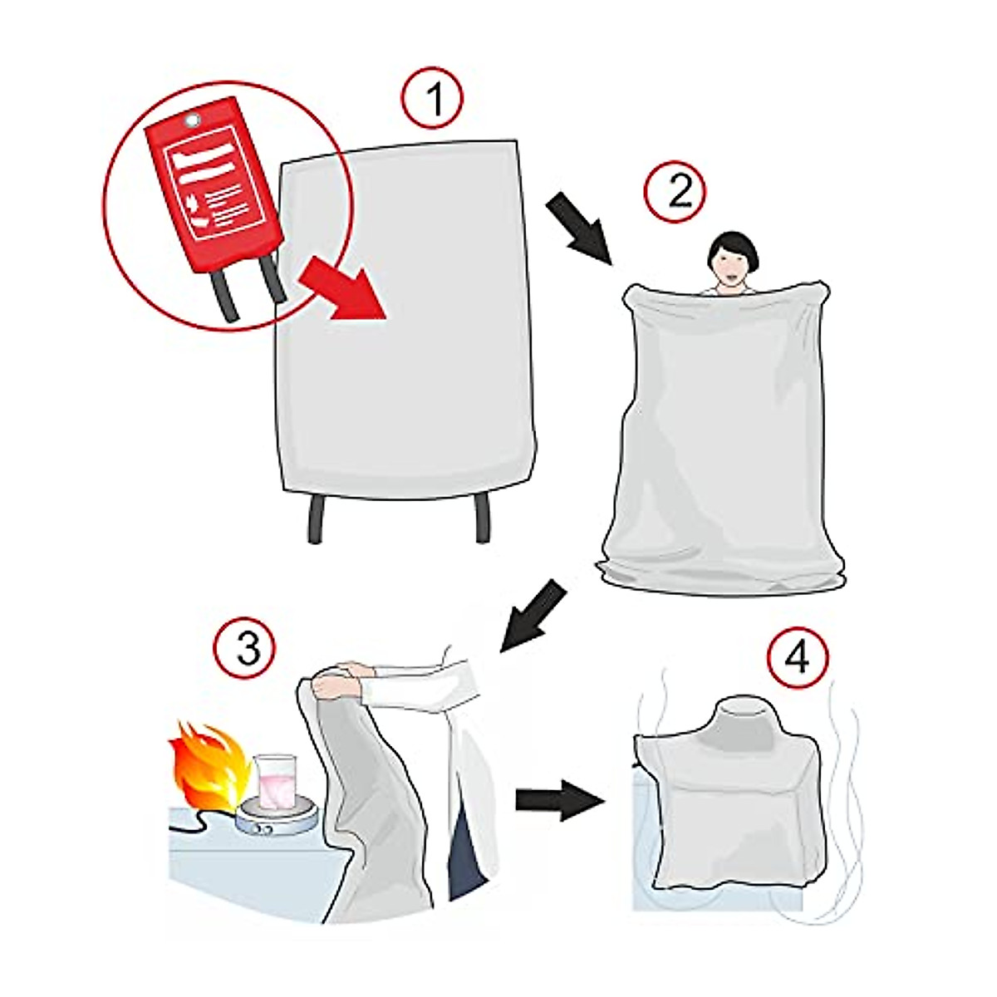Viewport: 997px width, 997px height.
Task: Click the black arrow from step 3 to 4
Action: [x=559, y=800]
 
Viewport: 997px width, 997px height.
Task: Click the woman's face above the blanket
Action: [x=729, y=264]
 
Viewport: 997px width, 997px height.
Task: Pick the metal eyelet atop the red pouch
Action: [x=192, y=120]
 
